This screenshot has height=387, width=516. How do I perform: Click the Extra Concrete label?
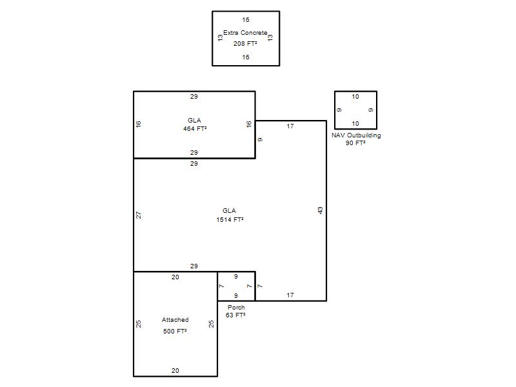(x=245, y=33)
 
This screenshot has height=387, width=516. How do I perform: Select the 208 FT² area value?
(x=245, y=43)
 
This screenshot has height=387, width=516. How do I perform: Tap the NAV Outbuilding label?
(x=356, y=135)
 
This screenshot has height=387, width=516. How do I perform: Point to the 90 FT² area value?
(x=355, y=143)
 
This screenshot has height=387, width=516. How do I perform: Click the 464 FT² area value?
(x=195, y=128)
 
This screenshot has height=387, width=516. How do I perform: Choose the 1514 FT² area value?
(x=230, y=219)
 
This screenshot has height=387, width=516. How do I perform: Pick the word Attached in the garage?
(x=175, y=319)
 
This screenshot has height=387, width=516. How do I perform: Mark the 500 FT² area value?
(x=175, y=331)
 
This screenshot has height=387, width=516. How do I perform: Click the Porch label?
(x=236, y=308)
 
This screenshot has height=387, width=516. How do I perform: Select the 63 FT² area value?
(x=235, y=315)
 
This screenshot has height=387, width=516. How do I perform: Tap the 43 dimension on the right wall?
(x=320, y=211)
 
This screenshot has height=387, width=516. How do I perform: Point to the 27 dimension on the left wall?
(x=139, y=215)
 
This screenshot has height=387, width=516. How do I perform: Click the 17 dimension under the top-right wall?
(x=290, y=126)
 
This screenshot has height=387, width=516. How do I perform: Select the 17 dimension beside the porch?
(x=290, y=295)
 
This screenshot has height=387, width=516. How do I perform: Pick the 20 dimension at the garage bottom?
(x=175, y=370)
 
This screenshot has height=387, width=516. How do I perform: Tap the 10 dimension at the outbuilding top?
(x=355, y=97)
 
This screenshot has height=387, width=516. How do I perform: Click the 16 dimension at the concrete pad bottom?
(x=246, y=57)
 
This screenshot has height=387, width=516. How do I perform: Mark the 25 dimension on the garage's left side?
(x=139, y=324)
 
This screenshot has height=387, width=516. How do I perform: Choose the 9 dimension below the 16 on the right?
(x=260, y=140)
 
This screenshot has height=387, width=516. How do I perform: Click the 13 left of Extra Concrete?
(x=220, y=38)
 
